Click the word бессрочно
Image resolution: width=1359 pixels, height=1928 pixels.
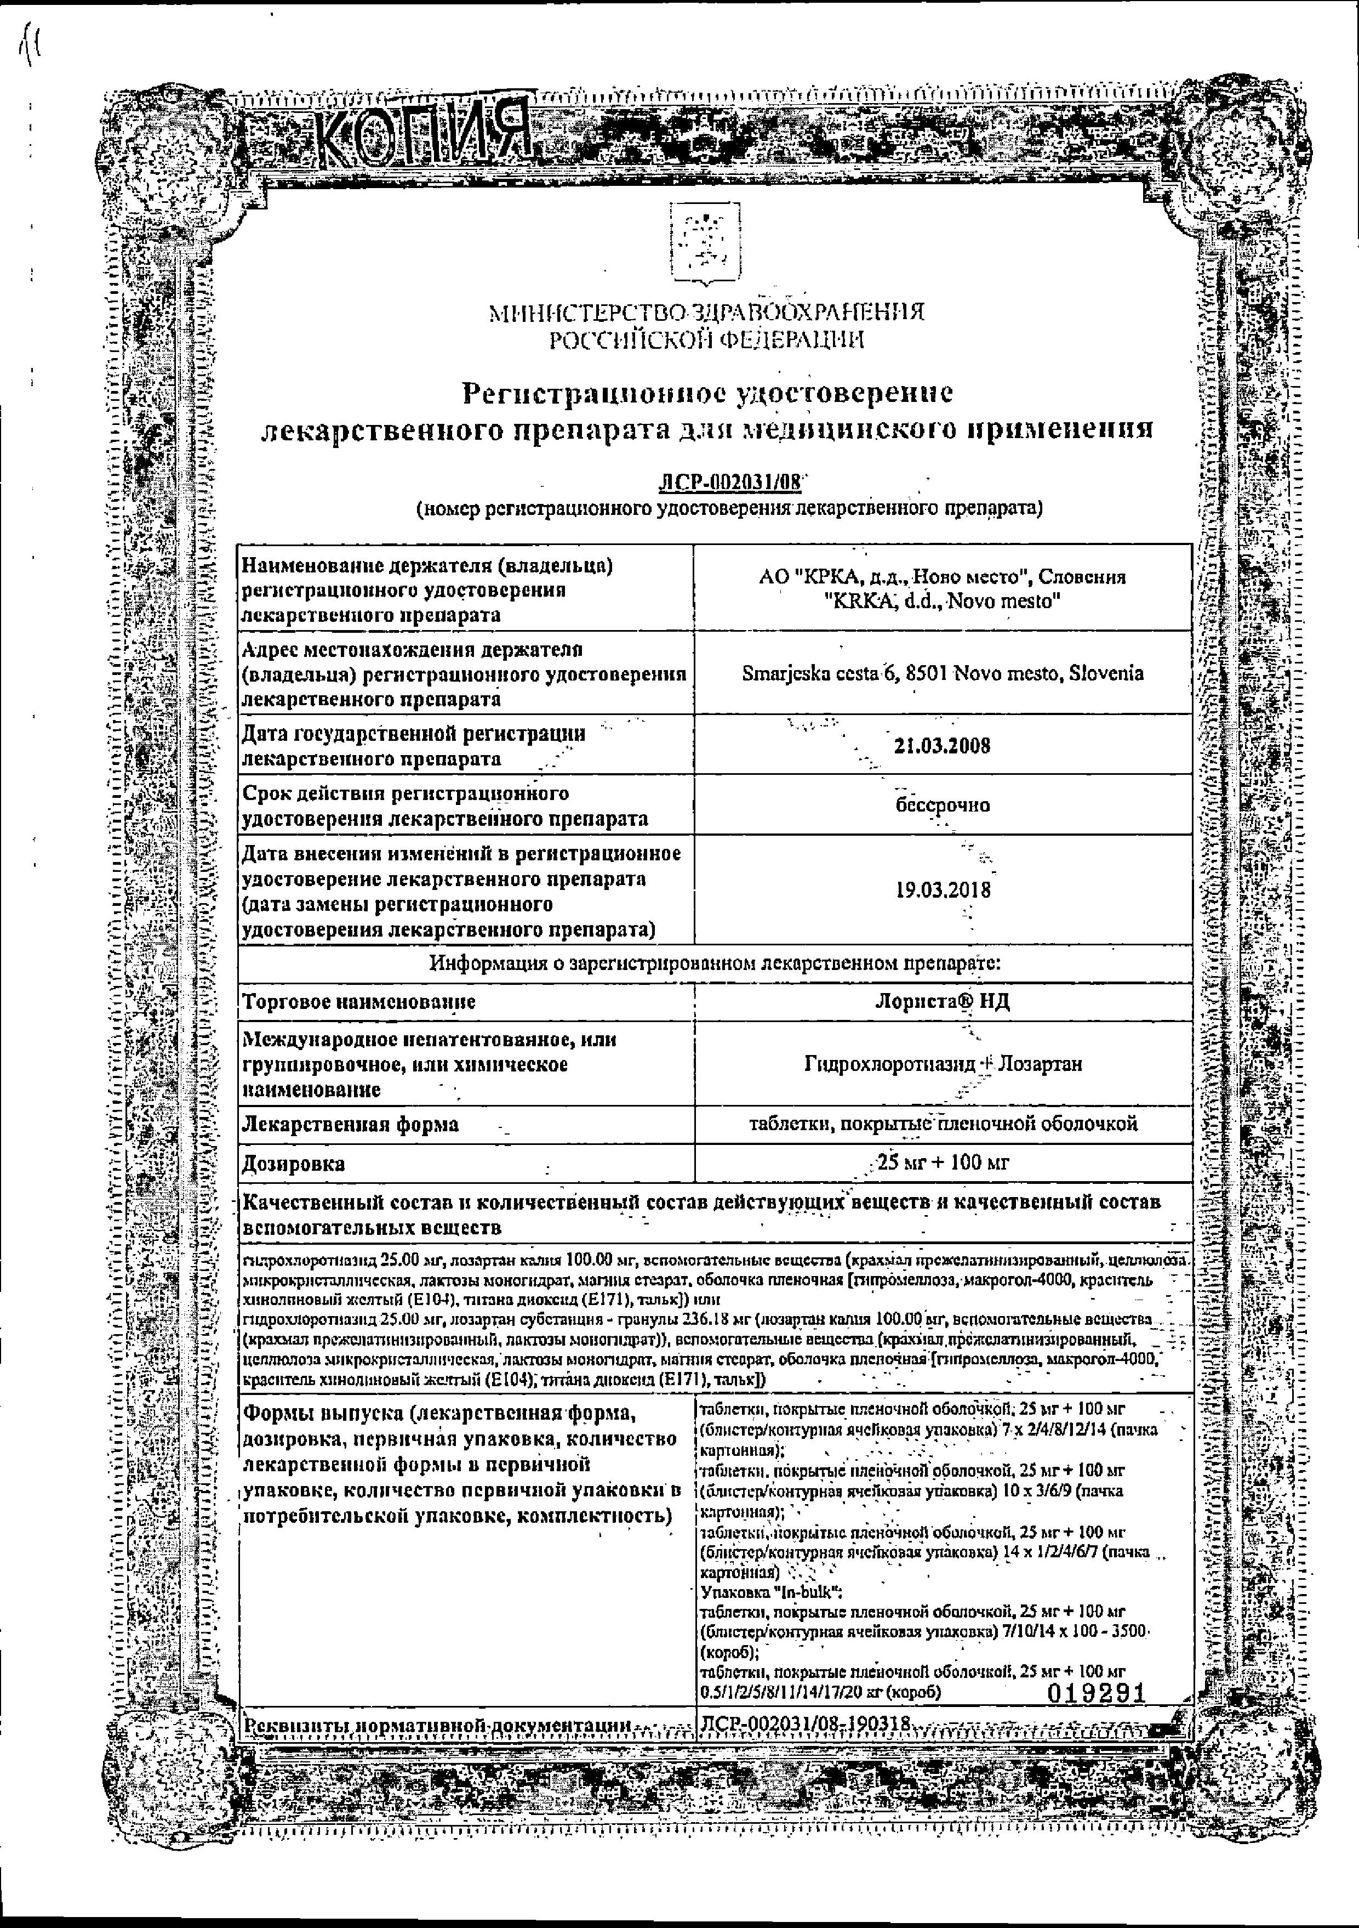coord(943,804)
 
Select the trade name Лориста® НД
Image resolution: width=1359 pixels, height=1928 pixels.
coord(942,1002)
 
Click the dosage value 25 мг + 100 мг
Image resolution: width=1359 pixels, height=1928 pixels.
coord(942,1163)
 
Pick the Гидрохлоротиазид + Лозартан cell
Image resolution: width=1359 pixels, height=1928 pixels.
coord(943,1064)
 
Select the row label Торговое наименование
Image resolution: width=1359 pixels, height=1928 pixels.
coord(359,1002)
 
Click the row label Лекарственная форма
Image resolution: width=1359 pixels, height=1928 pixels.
coord(351,1124)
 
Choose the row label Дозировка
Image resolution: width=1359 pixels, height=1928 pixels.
coord(294,1164)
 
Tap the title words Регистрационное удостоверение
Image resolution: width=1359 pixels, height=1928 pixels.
coord(707,392)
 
